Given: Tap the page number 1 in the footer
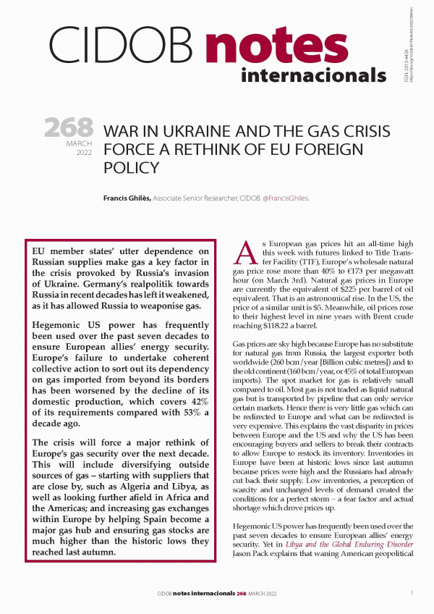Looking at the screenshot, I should tap(411, 593).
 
